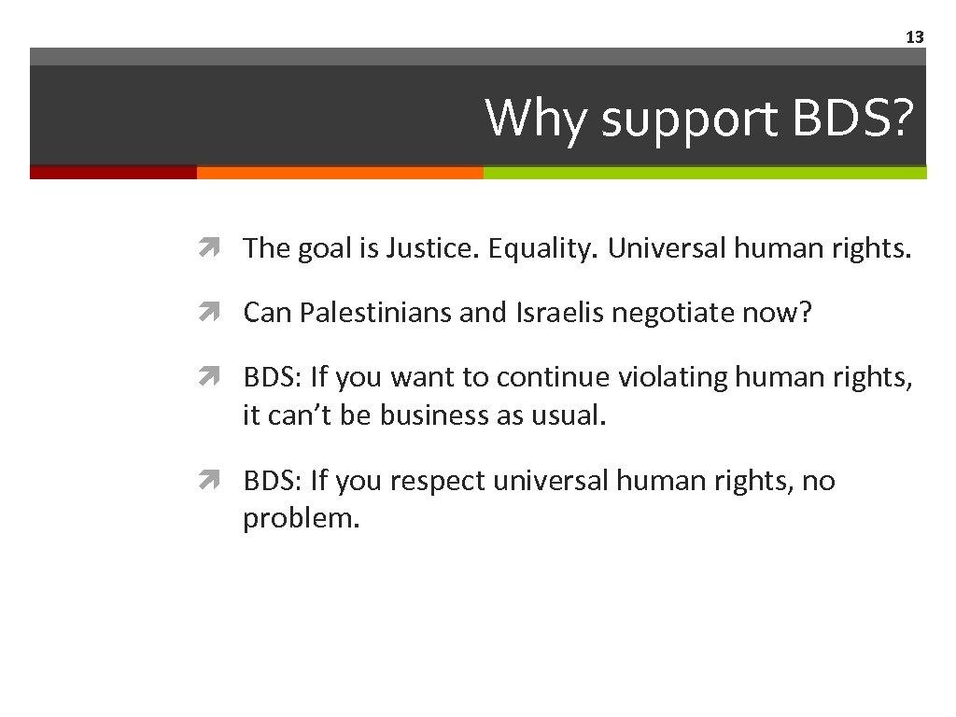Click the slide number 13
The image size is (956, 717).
[914, 37]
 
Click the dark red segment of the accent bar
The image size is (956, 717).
[113, 173]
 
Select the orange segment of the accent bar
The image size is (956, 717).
[340, 173]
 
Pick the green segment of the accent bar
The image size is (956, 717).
[705, 173]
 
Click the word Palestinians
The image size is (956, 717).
[376, 313]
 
